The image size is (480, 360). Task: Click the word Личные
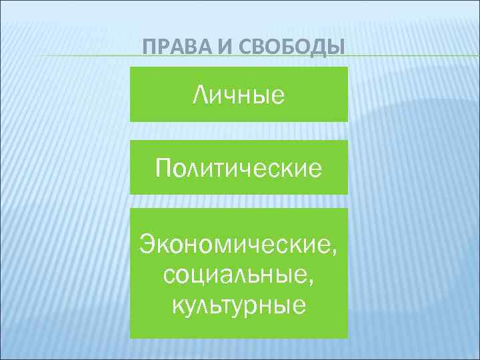click(x=239, y=95)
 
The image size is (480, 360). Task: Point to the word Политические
click(x=239, y=168)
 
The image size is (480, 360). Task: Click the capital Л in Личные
click(x=201, y=95)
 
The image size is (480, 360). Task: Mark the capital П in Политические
click(x=164, y=167)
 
